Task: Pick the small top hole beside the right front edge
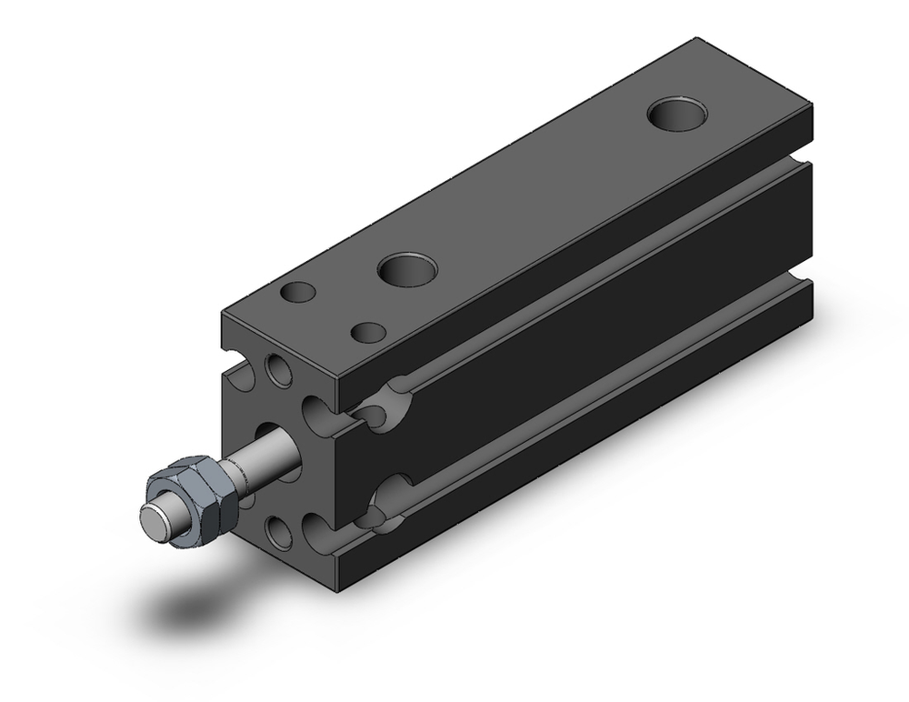click(x=368, y=332)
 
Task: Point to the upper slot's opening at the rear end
click(x=800, y=165)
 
